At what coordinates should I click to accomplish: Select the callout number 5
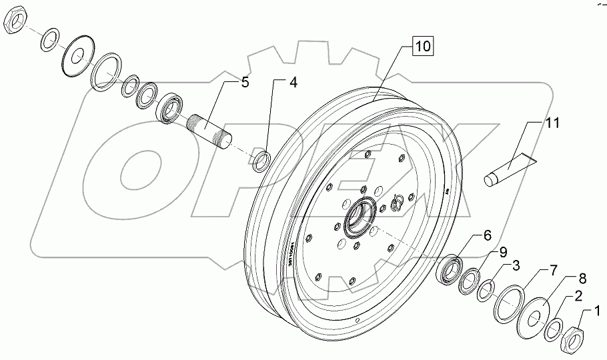(245, 83)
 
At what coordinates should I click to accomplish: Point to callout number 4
(292, 83)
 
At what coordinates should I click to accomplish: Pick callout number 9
(502, 252)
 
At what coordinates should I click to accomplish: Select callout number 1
(597, 309)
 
